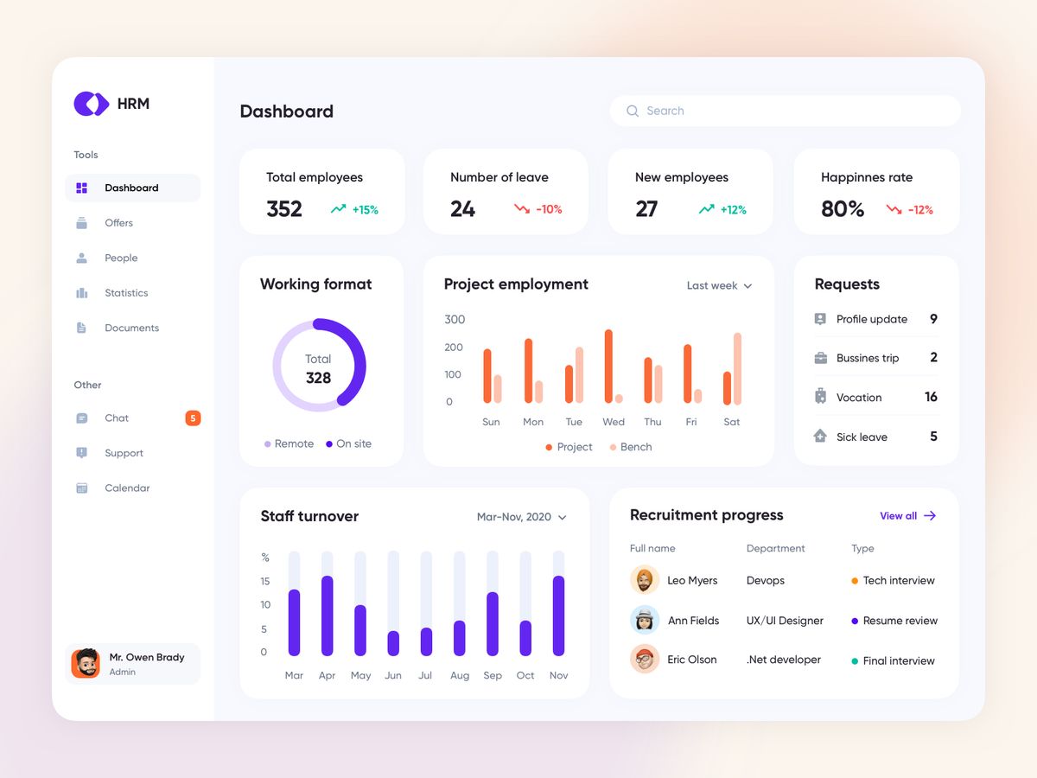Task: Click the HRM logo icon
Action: tap(91, 104)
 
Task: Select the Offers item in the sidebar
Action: tap(118, 223)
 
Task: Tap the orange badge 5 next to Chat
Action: tap(193, 418)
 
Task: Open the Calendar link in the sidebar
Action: tap(127, 488)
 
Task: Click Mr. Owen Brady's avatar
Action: tap(86, 664)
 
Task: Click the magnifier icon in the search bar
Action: tap(633, 112)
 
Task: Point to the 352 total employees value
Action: tap(284, 209)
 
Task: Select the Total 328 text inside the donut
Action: tap(318, 369)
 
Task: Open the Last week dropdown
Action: tap(719, 286)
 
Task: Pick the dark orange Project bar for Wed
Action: tap(608, 366)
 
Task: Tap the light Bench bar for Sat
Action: tap(737, 368)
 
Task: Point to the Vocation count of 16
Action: tap(931, 398)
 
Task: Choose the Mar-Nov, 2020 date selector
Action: tap(521, 517)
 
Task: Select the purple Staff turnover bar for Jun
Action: tap(393, 643)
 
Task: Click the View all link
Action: tap(907, 516)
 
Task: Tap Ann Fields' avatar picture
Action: tap(645, 621)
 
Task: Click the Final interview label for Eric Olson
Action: tap(898, 661)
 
